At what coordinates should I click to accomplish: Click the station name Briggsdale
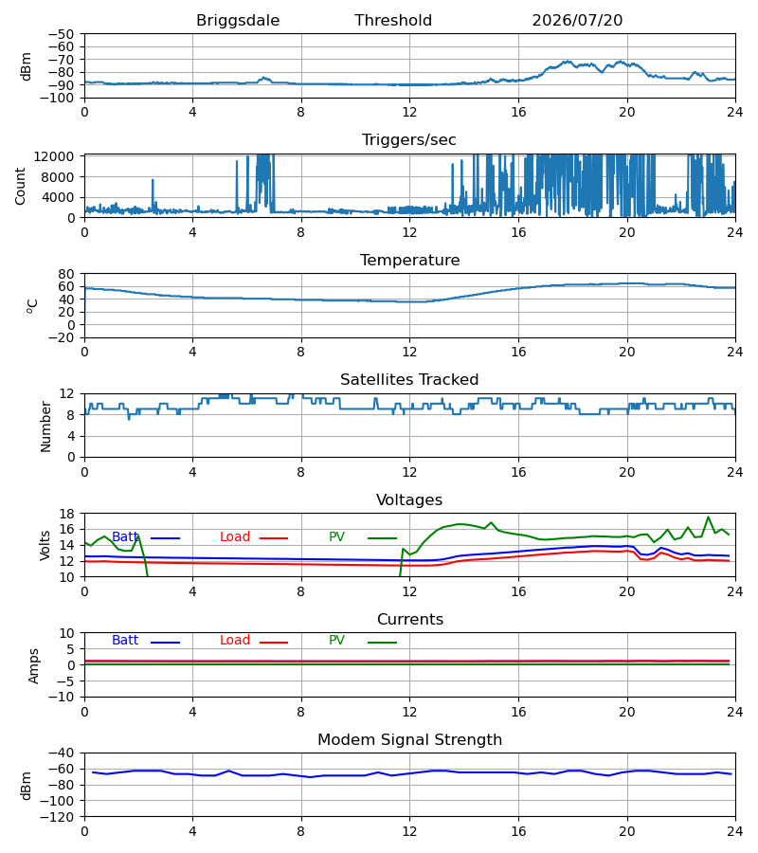click(x=238, y=21)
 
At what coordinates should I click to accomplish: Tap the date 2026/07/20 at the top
click(x=577, y=21)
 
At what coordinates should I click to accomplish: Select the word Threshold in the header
click(x=393, y=21)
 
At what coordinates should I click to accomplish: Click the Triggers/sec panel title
click(x=409, y=140)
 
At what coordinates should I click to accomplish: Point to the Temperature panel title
click(x=409, y=260)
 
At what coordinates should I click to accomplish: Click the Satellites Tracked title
click(x=409, y=380)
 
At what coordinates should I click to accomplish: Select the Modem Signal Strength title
click(x=409, y=740)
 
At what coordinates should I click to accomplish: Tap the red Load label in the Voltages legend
click(x=235, y=537)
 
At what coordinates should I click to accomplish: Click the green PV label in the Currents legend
click(x=336, y=641)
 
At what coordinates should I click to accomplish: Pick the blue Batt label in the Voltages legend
click(x=125, y=537)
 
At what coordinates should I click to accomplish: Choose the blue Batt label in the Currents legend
click(x=125, y=641)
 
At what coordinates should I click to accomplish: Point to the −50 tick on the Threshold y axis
click(x=61, y=34)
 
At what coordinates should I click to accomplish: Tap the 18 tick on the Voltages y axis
click(x=67, y=514)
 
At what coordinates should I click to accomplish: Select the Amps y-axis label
click(x=34, y=665)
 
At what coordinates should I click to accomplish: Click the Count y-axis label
click(x=21, y=187)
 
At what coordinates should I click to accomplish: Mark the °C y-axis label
click(x=32, y=306)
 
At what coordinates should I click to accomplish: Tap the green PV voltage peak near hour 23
click(x=708, y=517)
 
